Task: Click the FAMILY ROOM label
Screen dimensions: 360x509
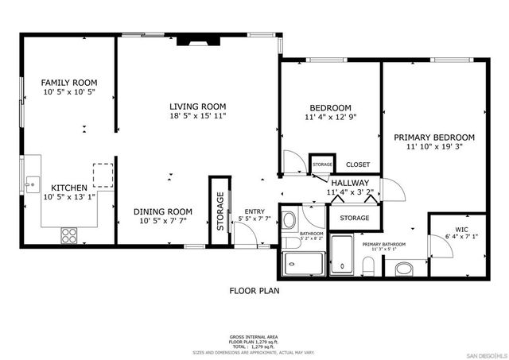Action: [69, 83]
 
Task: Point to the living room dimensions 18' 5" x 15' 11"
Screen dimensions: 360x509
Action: [197, 116]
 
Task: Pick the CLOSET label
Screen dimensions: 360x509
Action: [357, 165]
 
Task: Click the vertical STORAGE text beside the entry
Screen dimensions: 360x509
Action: [220, 211]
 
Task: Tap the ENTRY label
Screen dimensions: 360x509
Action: [254, 211]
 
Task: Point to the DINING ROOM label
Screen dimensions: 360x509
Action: [162, 211]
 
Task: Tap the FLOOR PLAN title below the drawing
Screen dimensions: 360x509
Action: [254, 291]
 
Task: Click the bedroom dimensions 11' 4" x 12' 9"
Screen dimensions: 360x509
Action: [330, 118]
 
